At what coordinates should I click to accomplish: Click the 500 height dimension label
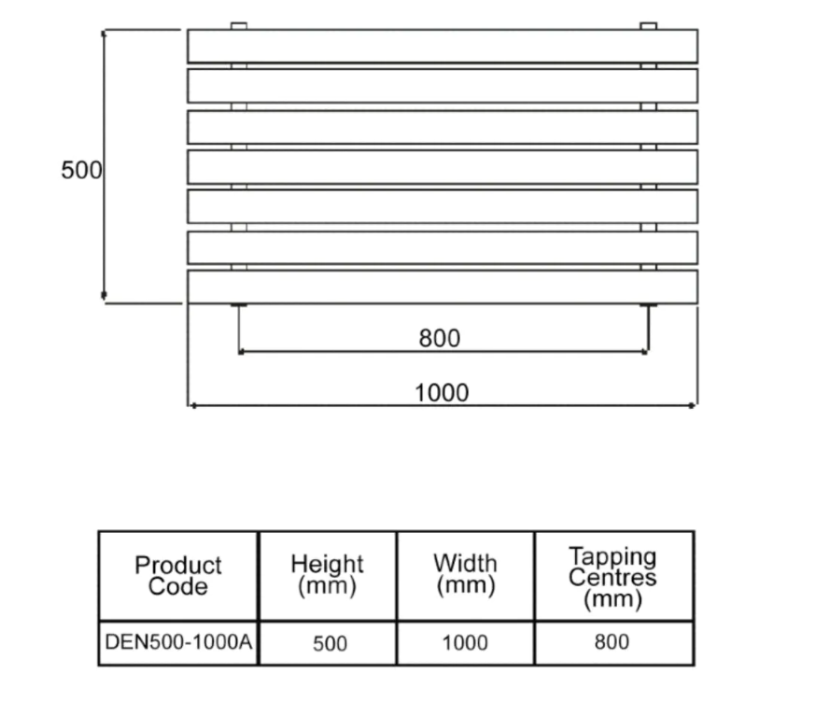tap(81, 170)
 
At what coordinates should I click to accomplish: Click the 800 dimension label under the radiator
tap(440, 338)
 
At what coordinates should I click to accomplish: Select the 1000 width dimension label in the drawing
tap(442, 393)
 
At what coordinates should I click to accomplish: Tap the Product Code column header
tap(178, 576)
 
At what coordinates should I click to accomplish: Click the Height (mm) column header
tap(328, 575)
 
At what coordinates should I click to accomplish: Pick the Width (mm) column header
tap(465, 574)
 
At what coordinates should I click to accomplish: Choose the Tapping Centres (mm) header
tap(612, 577)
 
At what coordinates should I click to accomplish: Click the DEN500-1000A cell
tap(178, 642)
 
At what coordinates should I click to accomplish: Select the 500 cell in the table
tap(330, 644)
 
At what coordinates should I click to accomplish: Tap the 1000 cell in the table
tap(465, 643)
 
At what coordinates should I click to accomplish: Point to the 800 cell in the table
tap(612, 642)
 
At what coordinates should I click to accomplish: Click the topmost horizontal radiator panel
tap(443, 47)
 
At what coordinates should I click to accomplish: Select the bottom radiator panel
tap(443, 287)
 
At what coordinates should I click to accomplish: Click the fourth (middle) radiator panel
tap(443, 167)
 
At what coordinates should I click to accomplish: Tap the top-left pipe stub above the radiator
tap(239, 26)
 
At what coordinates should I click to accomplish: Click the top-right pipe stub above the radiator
tap(649, 26)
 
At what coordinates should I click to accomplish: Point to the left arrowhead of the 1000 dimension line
tap(192, 405)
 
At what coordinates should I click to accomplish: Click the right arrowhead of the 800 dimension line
tap(645, 352)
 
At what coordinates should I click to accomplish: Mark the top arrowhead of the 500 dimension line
tap(104, 34)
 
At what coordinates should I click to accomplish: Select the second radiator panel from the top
tap(443, 86)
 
